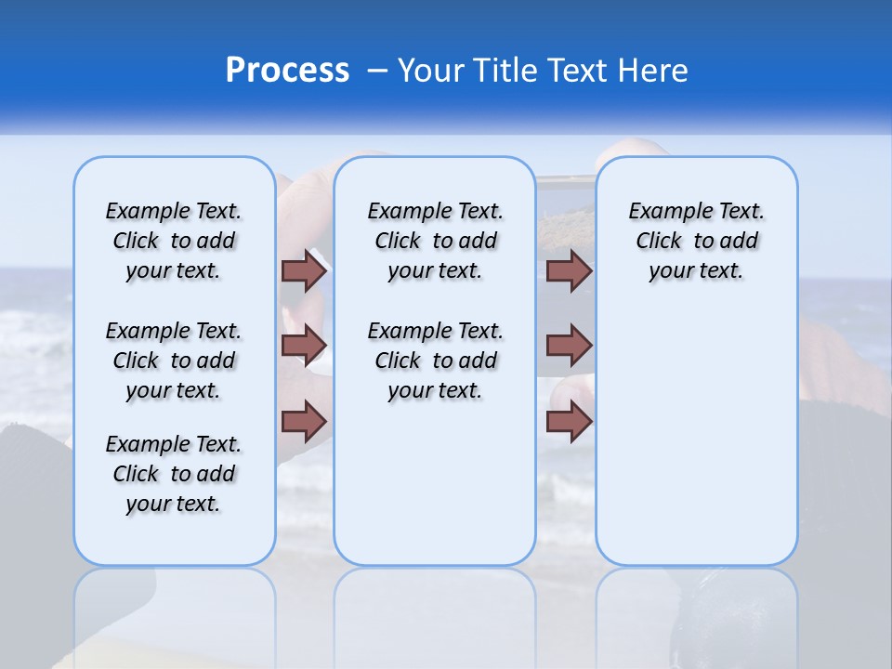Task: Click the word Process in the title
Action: point(286,70)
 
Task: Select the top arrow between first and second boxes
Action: point(304,271)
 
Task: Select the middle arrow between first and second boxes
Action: point(304,346)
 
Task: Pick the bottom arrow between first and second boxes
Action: point(304,422)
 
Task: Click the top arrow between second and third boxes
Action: point(569,271)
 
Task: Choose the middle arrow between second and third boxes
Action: point(569,346)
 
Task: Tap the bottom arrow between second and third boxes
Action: point(569,422)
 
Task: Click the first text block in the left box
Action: point(174,241)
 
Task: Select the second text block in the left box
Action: point(174,361)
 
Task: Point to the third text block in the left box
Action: point(174,474)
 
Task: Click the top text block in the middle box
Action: point(435,241)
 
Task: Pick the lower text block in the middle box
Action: point(435,361)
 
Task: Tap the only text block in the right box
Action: point(696,241)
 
